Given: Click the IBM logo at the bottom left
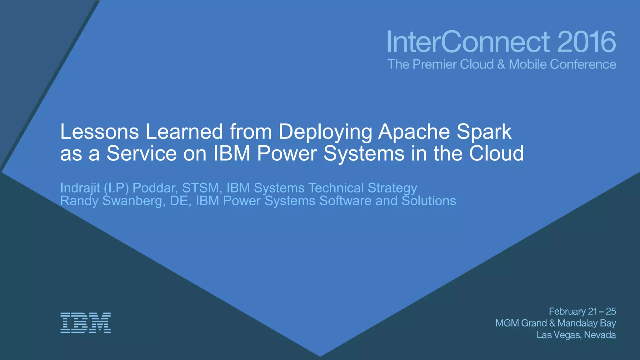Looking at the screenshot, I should click(x=85, y=322).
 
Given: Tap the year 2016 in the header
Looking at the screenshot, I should click(x=586, y=42).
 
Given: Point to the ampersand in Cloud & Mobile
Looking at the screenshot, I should click(x=501, y=64).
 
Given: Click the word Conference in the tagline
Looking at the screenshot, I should click(x=583, y=64).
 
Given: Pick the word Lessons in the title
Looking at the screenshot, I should click(x=99, y=132).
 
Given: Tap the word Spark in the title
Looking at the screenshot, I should click(x=484, y=132).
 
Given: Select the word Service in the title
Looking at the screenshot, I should click(x=142, y=153).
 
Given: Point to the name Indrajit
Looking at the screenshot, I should click(x=80, y=188).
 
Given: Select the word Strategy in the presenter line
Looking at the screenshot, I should click(x=392, y=188).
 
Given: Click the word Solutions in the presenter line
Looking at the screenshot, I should click(x=429, y=201).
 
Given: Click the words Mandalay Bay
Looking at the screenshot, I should click(x=586, y=323).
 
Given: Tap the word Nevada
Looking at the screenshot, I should click(x=600, y=335).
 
